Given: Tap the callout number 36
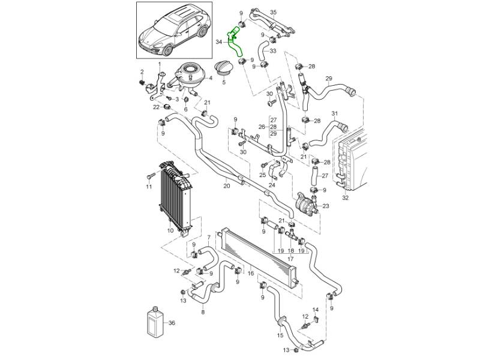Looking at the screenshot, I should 172,323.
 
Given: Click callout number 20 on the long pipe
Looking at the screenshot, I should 226,187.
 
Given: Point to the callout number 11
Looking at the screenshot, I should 149,188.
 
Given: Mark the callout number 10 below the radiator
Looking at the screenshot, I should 170,230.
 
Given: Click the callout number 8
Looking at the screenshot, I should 203,313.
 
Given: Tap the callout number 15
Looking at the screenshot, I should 280,336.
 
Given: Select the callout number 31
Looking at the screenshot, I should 335,114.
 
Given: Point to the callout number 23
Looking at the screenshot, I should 326,206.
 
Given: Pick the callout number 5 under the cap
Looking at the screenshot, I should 224,83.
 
